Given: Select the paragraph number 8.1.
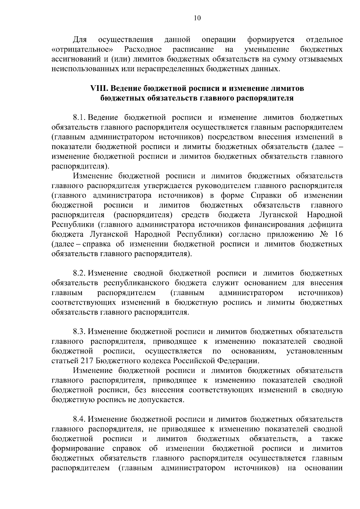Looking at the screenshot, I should coord(80,117).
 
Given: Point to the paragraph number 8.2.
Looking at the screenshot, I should coord(80,273).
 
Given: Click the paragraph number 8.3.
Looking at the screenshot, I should coord(80,331).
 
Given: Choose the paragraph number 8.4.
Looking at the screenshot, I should coord(80,419).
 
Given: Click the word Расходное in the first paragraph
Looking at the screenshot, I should coord(143,49).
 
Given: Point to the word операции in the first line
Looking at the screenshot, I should coord(219,40).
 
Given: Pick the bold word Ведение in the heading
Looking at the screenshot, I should coord(124,88).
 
